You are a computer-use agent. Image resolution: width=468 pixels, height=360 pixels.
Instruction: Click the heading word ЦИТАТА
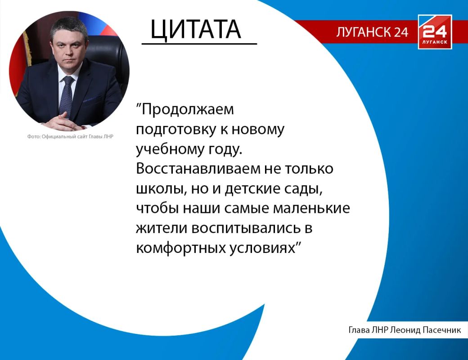pyautogui.click(x=195, y=30)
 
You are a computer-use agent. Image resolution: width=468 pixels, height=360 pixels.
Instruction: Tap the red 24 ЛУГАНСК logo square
pyautogui.click(x=435, y=31)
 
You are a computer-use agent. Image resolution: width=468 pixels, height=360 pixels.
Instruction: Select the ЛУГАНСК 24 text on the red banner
pyautogui.click(x=372, y=32)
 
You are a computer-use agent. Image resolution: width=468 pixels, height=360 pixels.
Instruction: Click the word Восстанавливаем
pyautogui.click(x=198, y=169)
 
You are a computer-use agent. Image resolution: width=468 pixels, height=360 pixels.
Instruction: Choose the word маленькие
pyautogui.click(x=311, y=208)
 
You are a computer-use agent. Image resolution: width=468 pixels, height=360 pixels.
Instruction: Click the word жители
pyautogui.click(x=162, y=228)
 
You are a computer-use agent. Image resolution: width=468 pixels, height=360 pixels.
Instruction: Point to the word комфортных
pyautogui.click(x=180, y=248)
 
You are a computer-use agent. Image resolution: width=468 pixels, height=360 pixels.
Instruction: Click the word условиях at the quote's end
pyautogui.click(x=262, y=248)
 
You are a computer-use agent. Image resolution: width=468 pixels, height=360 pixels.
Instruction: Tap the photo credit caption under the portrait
pyautogui.click(x=71, y=137)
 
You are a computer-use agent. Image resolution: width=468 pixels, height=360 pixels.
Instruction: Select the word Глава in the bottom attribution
pyautogui.click(x=360, y=330)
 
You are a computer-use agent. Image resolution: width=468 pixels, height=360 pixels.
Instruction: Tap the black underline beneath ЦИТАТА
pyautogui.click(x=199, y=44)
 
